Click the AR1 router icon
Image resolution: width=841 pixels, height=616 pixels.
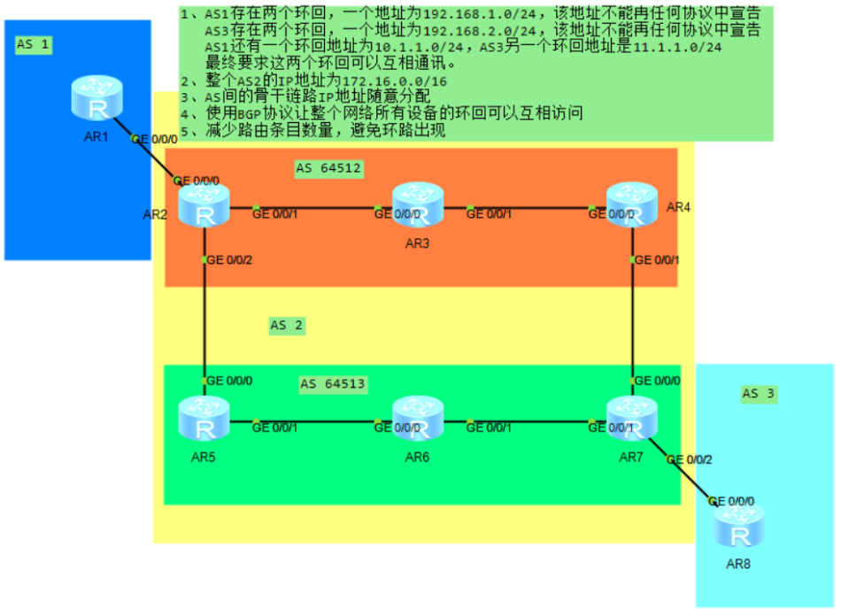coord(96,99)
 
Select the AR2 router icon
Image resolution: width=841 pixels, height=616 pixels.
coord(204,205)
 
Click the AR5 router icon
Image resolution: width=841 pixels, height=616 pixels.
coord(204,420)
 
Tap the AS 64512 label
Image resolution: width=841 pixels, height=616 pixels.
coord(329,168)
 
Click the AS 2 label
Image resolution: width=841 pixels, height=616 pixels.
coord(287,326)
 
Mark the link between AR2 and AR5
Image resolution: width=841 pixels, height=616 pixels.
coord(204,319)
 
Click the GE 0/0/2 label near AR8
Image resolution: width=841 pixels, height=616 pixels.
coord(688,460)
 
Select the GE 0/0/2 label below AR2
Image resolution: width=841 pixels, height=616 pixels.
coord(228,259)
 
